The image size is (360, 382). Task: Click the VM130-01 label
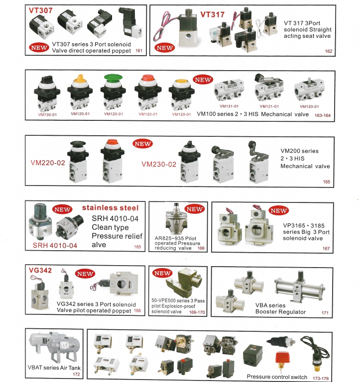[x=47, y=114]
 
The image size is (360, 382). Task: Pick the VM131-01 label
[x=229, y=106]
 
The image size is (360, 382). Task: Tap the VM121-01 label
[x=269, y=106]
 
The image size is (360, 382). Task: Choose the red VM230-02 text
[x=159, y=164]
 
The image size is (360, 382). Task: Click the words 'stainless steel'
[x=110, y=208]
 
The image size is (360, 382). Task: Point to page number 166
[x=201, y=248]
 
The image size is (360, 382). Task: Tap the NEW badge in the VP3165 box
[x=278, y=211]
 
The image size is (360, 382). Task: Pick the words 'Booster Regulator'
[x=280, y=312]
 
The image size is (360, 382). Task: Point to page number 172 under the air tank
[x=76, y=374]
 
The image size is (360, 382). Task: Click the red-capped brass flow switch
[x=282, y=360]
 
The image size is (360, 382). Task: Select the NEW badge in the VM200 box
[x=142, y=144]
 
